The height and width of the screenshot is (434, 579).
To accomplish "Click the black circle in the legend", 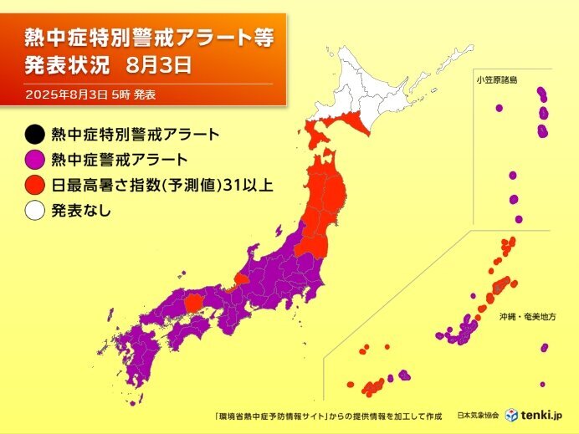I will [x=36, y=133].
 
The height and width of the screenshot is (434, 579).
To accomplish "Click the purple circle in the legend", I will [x=36, y=158].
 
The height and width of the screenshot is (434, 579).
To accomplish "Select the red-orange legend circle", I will [x=36, y=184].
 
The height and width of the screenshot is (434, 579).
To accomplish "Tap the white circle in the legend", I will [x=36, y=210].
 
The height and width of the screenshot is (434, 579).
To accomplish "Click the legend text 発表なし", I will [x=81, y=210].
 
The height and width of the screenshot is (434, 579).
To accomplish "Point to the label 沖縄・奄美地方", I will [x=532, y=318].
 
